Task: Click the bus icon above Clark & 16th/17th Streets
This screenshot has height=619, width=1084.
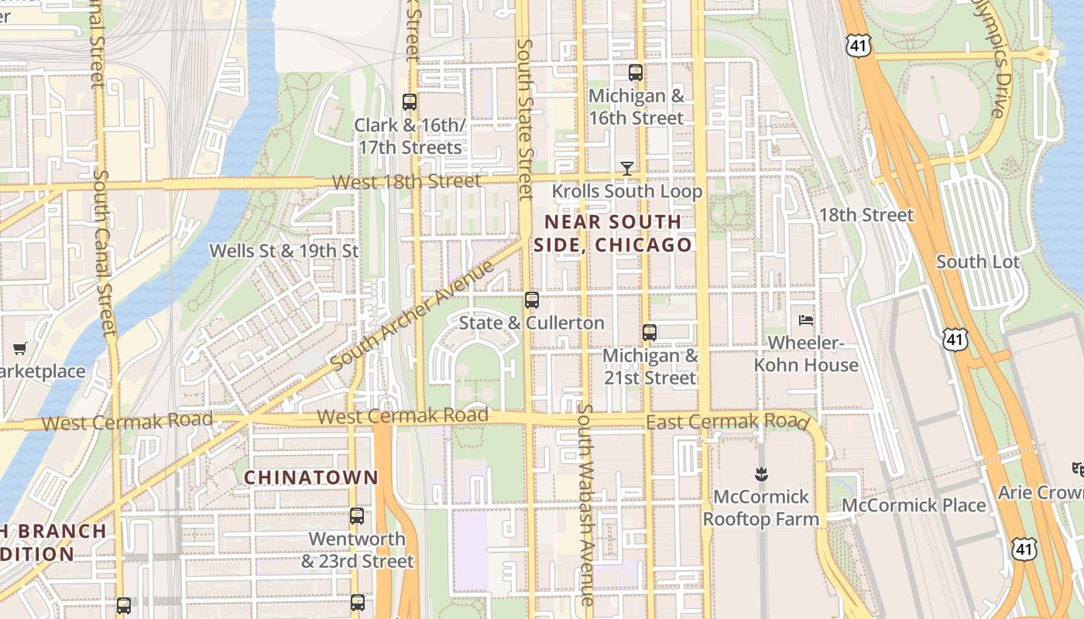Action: [x=410, y=101]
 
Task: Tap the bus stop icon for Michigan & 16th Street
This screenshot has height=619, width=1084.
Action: [x=636, y=73]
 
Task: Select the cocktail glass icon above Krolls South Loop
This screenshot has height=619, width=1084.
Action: [x=627, y=168]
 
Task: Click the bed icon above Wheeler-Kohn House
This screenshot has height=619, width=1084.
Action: [x=806, y=320]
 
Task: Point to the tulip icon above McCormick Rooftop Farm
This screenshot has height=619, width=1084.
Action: [x=760, y=472]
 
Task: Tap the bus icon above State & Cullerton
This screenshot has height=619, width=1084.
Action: [x=531, y=300]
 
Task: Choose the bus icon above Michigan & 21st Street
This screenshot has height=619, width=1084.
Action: [x=650, y=333]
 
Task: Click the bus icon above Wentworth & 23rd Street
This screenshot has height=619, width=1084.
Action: [x=357, y=515]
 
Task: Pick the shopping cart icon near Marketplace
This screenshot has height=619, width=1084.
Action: [x=20, y=348]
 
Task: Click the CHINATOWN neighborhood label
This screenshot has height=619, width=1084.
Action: [x=311, y=477]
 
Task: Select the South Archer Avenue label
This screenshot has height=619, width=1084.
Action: [x=412, y=316]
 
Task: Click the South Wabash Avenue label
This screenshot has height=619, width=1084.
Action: [x=586, y=503]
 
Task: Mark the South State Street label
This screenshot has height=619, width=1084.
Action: [x=525, y=120]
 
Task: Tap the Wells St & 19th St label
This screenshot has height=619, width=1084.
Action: [x=284, y=251]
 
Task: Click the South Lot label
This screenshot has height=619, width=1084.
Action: [x=978, y=262]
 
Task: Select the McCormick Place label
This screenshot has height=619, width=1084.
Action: [x=914, y=505]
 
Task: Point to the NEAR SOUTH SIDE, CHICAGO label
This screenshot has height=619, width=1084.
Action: [x=612, y=233]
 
